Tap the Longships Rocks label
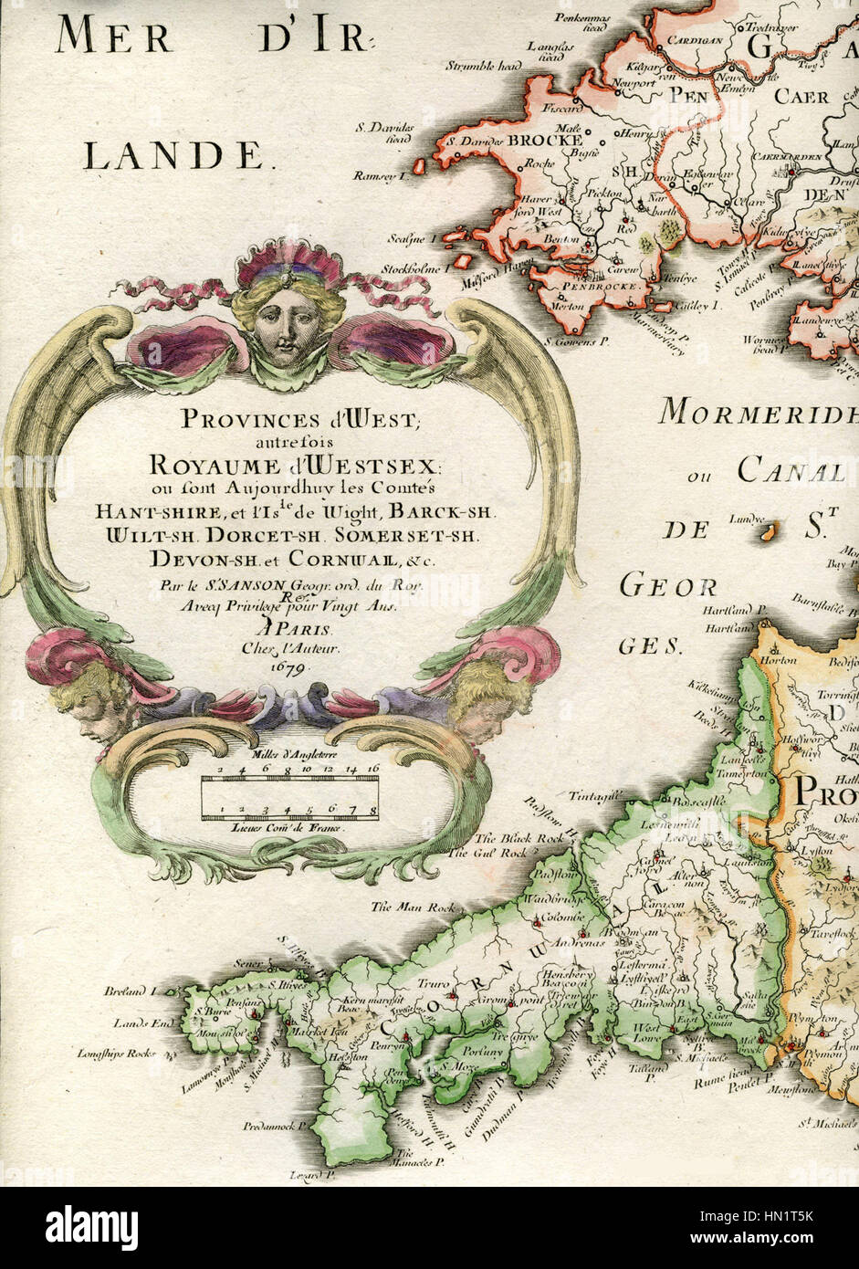[x=118, y=1053]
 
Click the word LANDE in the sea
[x=173, y=156]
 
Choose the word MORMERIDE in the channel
[x=758, y=413]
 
